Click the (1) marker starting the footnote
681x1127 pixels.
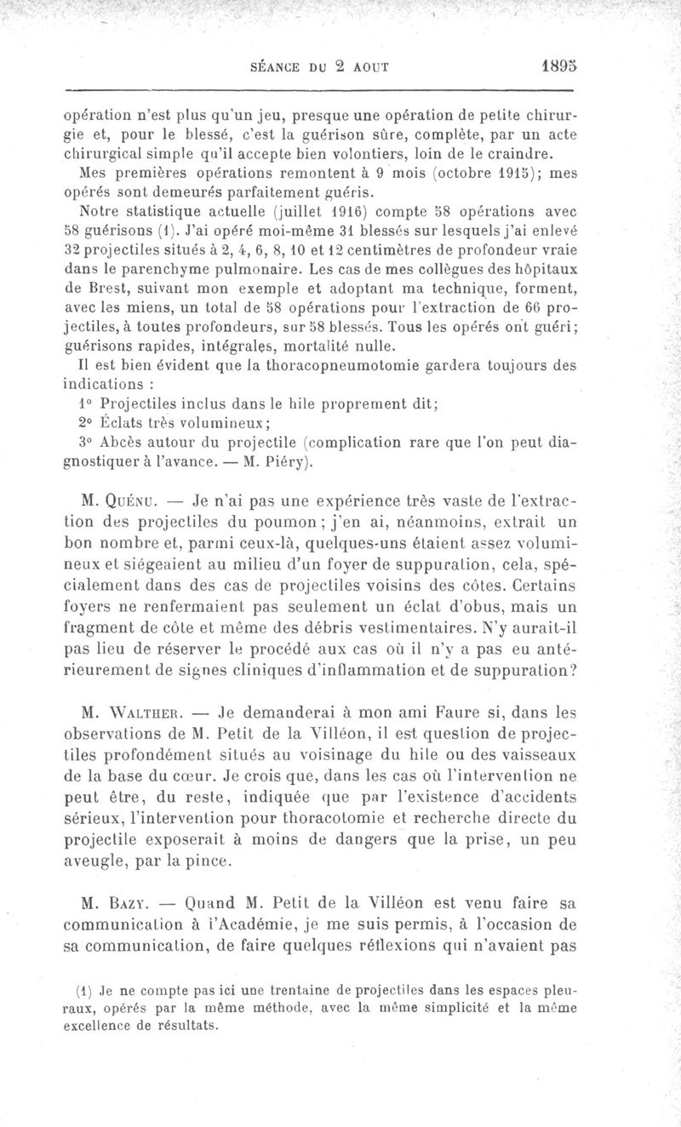pyautogui.click(x=83, y=990)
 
